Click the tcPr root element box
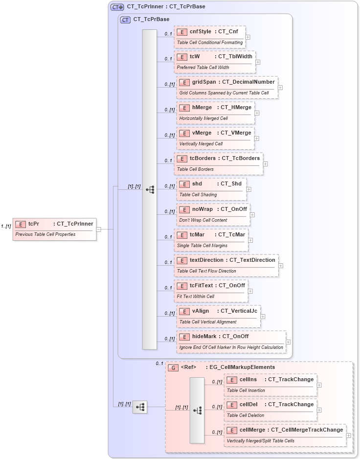click(x=54, y=229)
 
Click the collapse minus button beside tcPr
click(x=99, y=229)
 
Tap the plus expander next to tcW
click(x=258, y=62)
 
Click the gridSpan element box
click(x=227, y=87)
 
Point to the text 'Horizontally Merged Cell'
click(x=203, y=118)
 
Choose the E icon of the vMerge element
click(x=184, y=133)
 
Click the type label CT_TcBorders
click(x=241, y=158)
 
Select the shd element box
click(x=211, y=189)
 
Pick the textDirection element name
click(x=206, y=260)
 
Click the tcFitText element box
click(x=211, y=291)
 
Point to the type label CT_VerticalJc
click(x=239, y=311)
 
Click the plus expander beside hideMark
click(x=289, y=342)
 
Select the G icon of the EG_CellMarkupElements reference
click(x=173, y=367)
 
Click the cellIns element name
click(x=248, y=379)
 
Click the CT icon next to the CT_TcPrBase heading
click(x=126, y=20)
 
